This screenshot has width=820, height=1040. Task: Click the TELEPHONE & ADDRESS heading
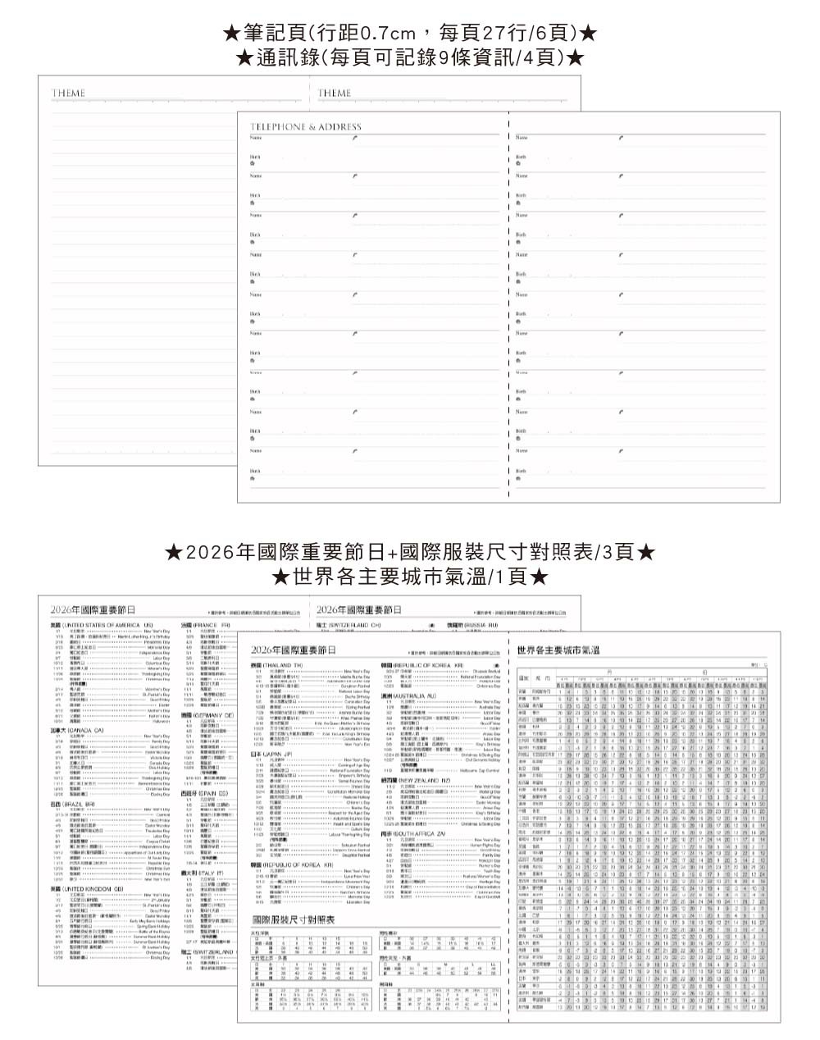305,127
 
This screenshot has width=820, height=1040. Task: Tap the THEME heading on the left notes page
68,94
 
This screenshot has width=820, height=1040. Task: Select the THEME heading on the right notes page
335,94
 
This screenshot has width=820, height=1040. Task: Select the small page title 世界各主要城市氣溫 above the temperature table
558,650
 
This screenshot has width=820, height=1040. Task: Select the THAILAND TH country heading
276,664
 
